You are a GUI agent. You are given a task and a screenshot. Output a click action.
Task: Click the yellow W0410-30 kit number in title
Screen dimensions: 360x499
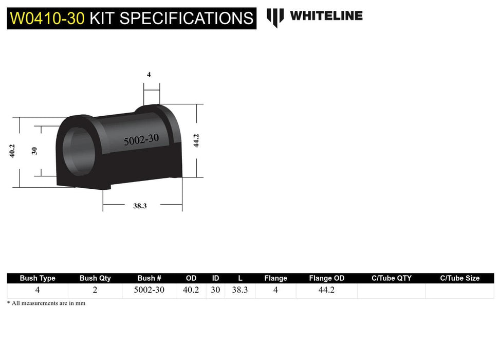point(47,18)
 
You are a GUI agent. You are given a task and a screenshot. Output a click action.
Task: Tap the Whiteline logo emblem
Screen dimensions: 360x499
point(275,17)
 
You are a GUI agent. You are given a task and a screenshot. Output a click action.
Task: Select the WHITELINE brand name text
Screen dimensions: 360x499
point(326,16)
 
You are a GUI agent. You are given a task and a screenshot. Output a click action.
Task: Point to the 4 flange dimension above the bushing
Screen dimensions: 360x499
point(149,75)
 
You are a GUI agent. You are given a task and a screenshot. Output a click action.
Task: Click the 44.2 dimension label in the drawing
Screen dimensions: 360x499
point(196,140)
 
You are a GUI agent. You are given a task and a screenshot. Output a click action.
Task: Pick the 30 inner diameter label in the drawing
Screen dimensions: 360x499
point(34,151)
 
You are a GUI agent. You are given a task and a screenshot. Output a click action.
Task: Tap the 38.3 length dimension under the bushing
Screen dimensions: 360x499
point(140,206)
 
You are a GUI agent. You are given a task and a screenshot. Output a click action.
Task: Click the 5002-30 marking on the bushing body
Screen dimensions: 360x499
point(141,139)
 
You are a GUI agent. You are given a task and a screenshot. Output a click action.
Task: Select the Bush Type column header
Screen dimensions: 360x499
point(38,278)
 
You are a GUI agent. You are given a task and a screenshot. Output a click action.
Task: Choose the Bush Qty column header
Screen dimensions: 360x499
point(95,278)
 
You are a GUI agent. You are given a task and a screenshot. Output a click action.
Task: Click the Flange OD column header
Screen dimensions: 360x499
point(326,278)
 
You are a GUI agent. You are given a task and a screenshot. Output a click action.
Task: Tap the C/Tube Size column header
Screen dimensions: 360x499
point(459,278)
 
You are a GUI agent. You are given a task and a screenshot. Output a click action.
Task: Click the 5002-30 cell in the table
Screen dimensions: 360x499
point(149,290)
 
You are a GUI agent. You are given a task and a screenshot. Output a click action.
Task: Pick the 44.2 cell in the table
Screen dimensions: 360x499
point(326,290)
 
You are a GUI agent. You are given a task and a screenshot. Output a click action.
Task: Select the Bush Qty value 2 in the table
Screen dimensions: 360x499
point(95,290)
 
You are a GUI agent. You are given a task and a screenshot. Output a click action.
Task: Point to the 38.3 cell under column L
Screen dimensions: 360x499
point(240,290)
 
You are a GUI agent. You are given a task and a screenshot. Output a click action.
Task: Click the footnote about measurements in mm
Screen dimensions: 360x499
point(46,303)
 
